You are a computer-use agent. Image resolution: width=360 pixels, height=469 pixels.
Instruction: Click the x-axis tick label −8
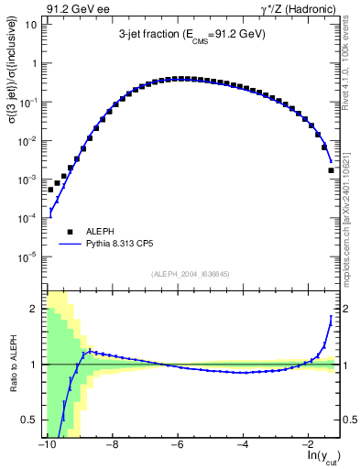pyautogui.click(x=112, y=443)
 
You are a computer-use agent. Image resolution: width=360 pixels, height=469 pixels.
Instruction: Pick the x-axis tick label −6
pyautogui.click(x=178, y=443)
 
